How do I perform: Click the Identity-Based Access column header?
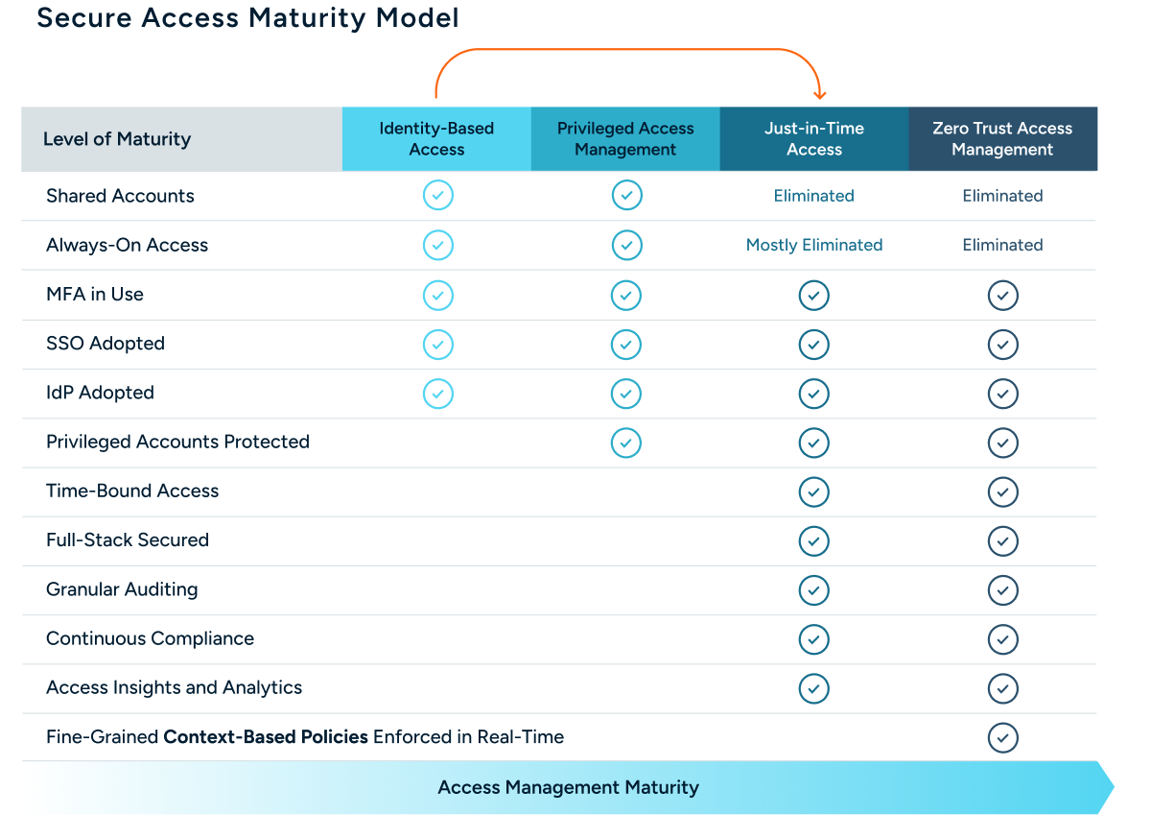pos(436,139)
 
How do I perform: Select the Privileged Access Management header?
pos(625,139)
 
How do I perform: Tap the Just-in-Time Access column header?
pos(814,139)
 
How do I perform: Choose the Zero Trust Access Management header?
pos(1002,139)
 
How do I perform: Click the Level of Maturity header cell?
pos(117,139)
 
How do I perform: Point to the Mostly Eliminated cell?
pos(814,245)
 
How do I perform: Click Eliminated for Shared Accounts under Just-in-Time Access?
pos(814,196)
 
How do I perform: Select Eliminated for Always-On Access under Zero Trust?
pos(1002,245)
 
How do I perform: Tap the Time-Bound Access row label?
pos(132,491)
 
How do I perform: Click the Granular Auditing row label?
pos(122,589)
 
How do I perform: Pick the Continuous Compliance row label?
pos(151,638)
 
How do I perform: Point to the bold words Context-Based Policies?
pos(266,737)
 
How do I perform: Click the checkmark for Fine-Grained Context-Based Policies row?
pos(1002,737)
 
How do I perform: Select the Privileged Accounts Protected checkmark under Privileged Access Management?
pos(626,443)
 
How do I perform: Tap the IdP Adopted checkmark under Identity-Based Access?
pos(437,393)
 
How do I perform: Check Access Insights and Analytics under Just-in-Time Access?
pos(814,688)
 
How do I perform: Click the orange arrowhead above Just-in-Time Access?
pos(819,94)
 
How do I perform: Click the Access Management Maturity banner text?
pos(568,788)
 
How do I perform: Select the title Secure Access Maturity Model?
pos(247,18)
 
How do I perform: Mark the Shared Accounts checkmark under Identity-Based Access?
pos(437,196)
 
